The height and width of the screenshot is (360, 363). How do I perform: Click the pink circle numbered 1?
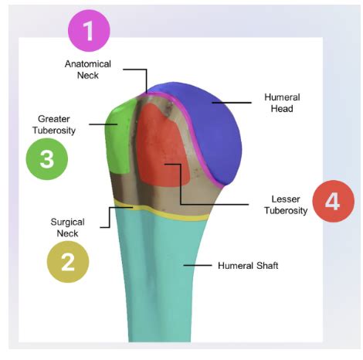(x=89, y=32)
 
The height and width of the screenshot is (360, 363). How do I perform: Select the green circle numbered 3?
(x=46, y=159)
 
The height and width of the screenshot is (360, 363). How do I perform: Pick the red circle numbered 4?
(x=332, y=202)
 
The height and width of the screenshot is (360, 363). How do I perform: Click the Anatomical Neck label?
(x=88, y=70)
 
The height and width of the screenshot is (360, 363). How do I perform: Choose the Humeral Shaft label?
(x=246, y=266)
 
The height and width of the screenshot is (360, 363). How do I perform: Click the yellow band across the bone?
(x=162, y=211)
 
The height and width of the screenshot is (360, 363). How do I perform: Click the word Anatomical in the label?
(x=88, y=64)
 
